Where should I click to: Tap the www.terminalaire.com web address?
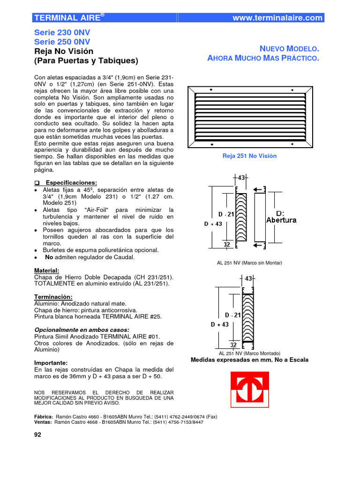coord(277,18)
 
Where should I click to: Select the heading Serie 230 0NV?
coord(62,33)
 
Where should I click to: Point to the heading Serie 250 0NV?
coord(62,42)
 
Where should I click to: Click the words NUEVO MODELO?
coord(289,49)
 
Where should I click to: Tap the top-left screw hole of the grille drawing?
coord(211,89)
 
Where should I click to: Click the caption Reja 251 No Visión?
coord(249,156)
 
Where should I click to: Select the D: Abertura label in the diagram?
coord(281,217)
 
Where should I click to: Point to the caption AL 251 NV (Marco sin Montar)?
coord(249,263)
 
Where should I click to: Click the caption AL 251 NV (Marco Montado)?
coord(249,353)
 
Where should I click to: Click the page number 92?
coord(38,435)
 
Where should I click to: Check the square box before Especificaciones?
coord(37,182)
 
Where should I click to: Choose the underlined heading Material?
coord(47,270)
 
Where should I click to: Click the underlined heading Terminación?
coord(53,297)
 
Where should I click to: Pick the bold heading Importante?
coord(51,362)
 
